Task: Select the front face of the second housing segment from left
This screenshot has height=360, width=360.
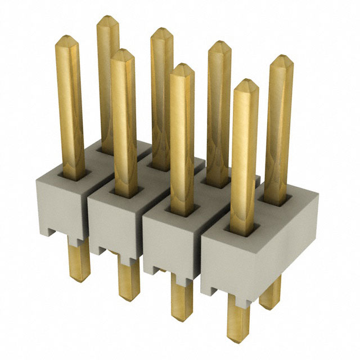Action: click(112, 225)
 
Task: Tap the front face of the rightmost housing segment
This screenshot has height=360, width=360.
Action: click(231, 264)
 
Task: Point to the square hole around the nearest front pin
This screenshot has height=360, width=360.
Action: click(245, 229)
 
